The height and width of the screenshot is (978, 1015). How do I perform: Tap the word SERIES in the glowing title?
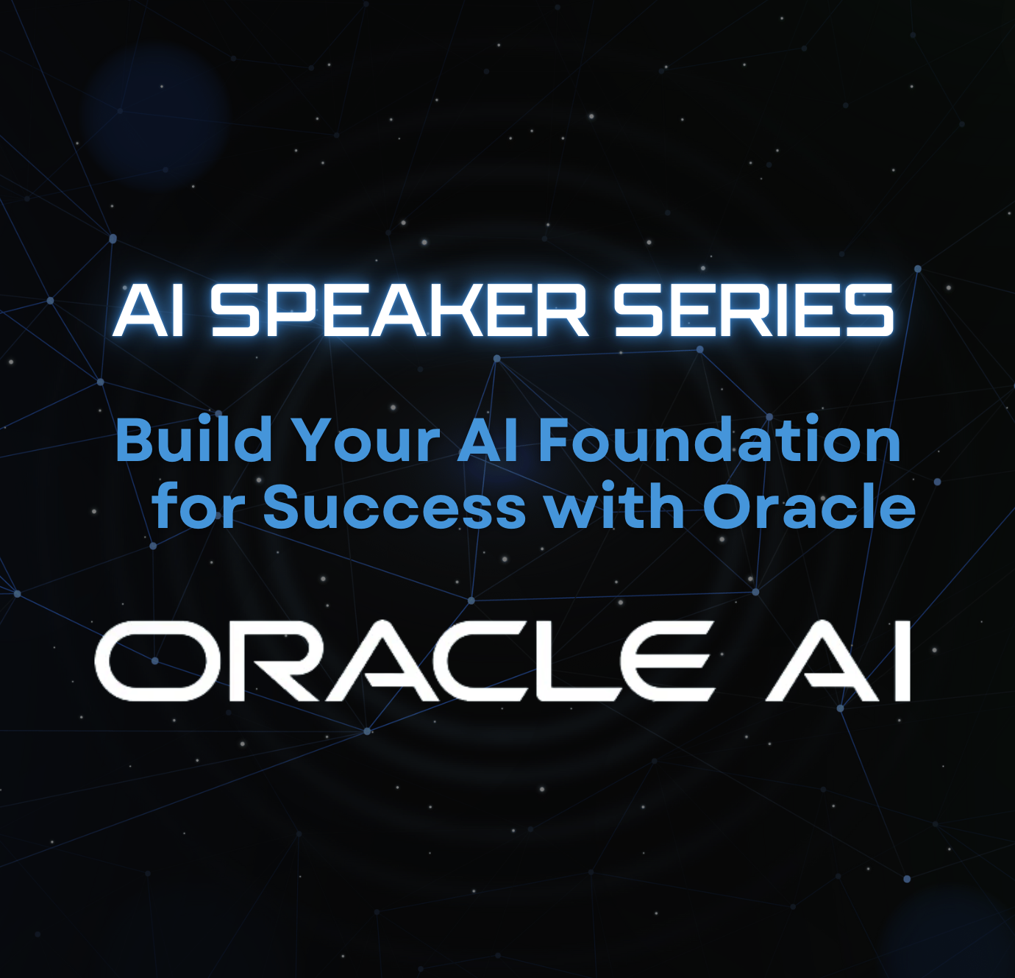[x=753, y=310]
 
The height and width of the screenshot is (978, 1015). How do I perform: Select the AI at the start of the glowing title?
[x=149, y=310]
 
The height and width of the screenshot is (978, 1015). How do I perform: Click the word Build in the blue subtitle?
[x=193, y=440]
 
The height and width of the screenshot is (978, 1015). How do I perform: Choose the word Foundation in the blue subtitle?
[x=720, y=440]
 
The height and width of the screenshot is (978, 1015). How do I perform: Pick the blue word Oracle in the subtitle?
[x=809, y=505]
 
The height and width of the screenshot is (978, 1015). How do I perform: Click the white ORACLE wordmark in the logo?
[x=405, y=660]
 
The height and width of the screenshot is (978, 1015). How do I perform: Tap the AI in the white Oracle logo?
[x=840, y=660]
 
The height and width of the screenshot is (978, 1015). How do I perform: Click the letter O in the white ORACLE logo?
[x=151, y=660]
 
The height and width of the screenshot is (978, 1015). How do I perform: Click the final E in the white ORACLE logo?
[x=669, y=660]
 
